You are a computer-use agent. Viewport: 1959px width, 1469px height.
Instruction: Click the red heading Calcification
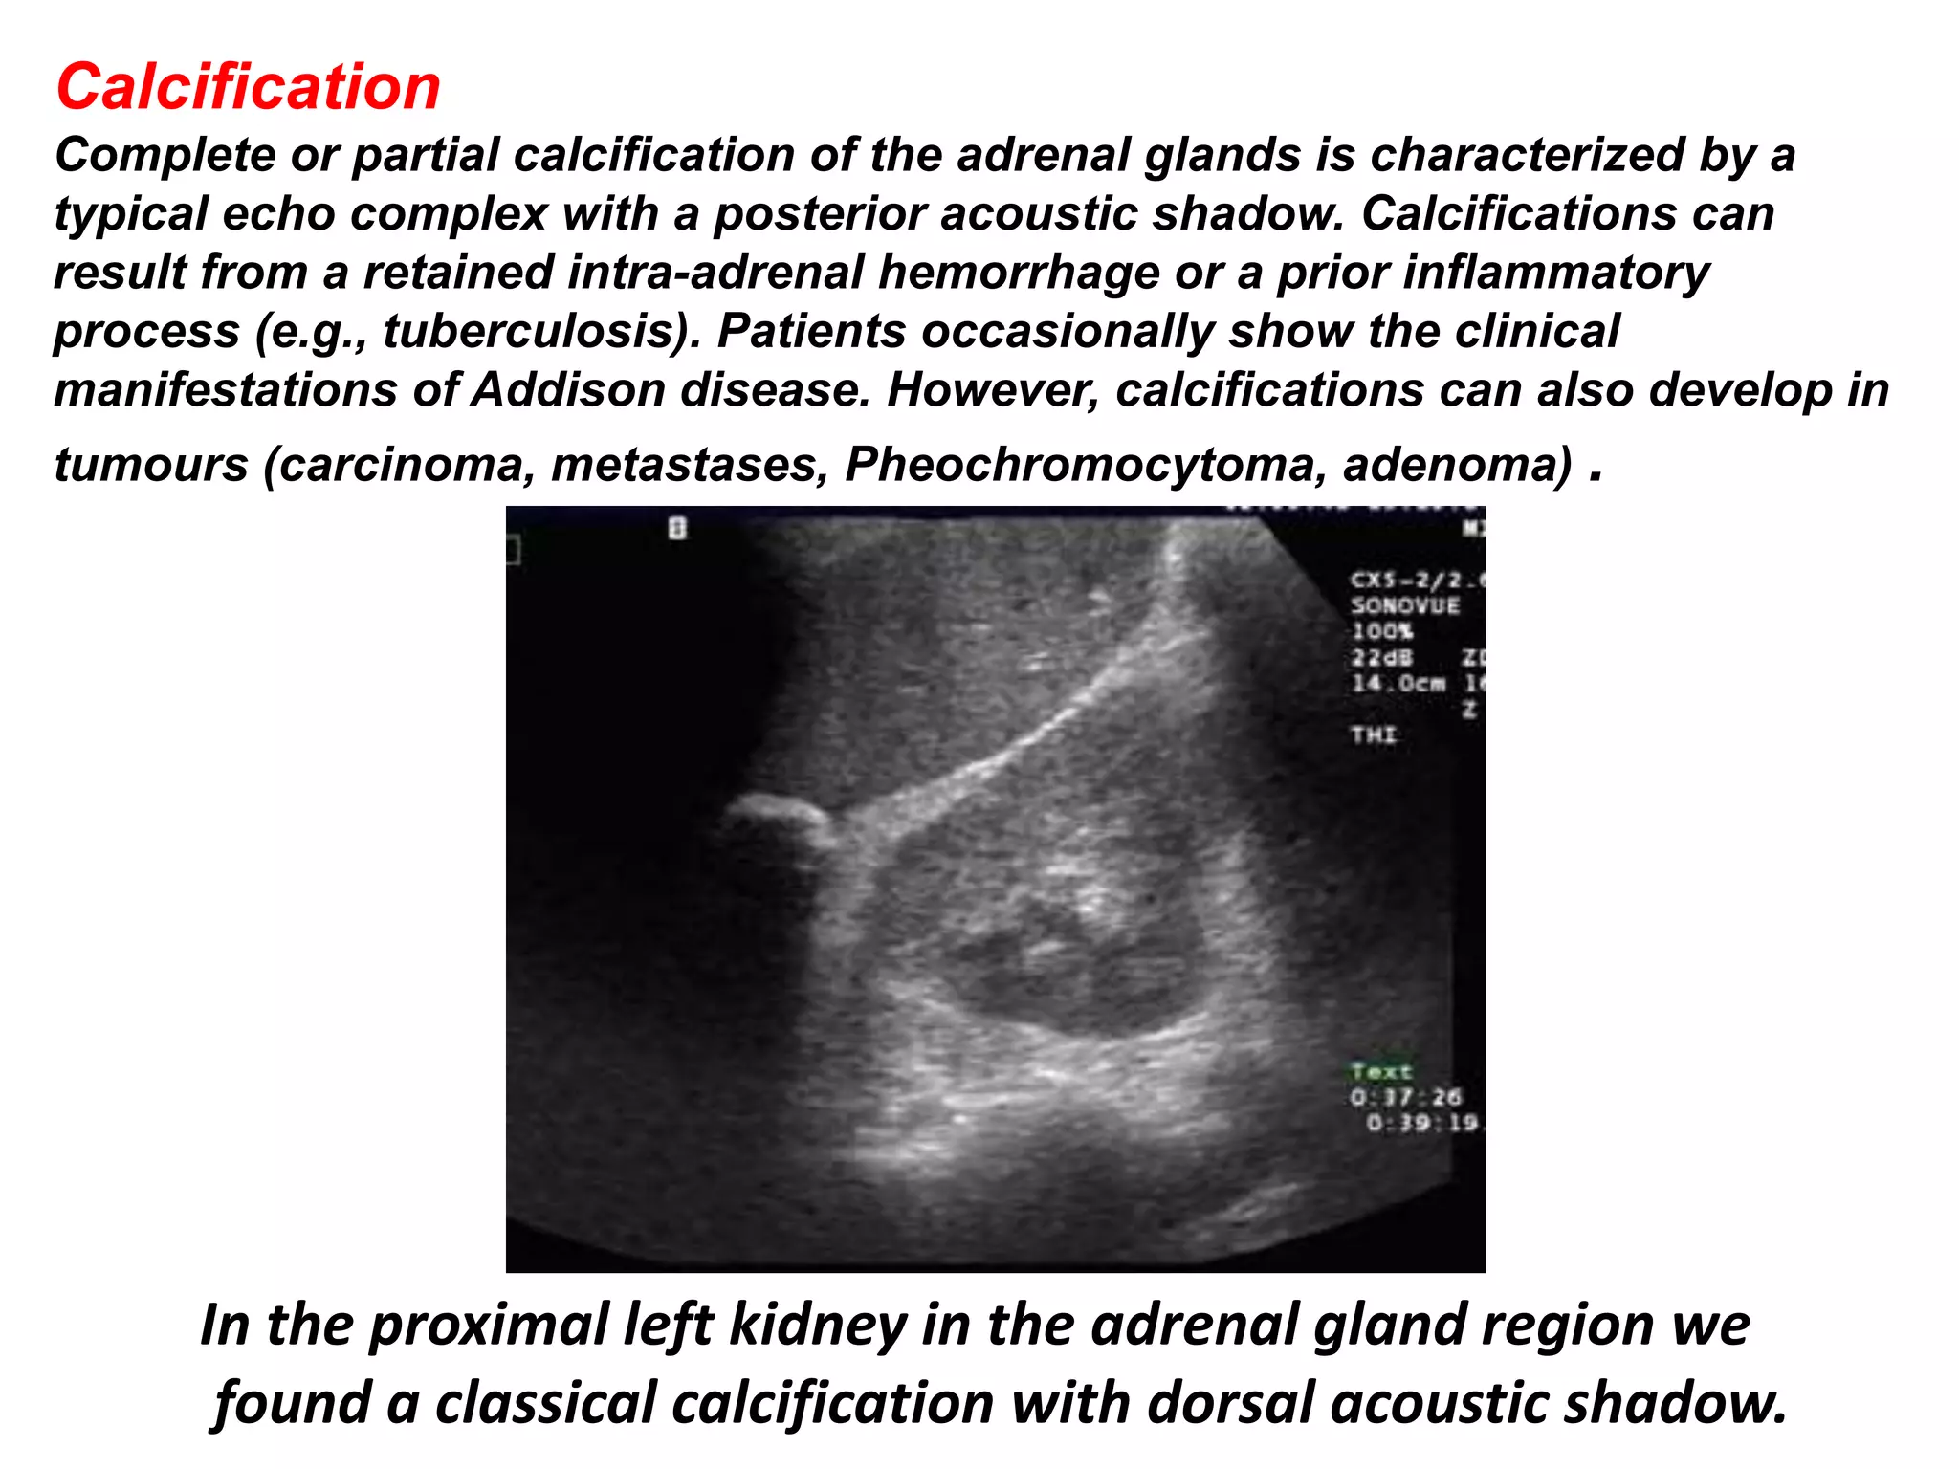[x=248, y=87]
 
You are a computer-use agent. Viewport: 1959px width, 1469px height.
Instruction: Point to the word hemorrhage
[x=1019, y=273]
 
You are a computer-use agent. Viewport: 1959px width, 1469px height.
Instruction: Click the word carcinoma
[x=403, y=465]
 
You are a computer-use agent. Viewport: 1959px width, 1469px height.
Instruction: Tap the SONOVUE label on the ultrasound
[x=1404, y=605]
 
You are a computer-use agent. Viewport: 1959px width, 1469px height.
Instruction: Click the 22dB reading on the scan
[x=1381, y=658]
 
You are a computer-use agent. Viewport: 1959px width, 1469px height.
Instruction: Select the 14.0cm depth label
[x=1398, y=684]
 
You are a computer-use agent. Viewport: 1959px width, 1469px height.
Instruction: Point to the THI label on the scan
[x=1374, y=734]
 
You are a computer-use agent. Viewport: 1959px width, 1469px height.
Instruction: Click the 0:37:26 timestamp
[x=1405, y=1097]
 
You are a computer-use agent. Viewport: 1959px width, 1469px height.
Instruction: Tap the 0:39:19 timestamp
[x=1421, y=1123]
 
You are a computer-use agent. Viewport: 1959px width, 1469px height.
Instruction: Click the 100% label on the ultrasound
[x=1381, y=632]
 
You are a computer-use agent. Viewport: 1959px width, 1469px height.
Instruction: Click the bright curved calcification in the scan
[x=780, y=809]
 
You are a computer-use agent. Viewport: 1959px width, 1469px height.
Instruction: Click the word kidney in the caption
[x=818, y=1326]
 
